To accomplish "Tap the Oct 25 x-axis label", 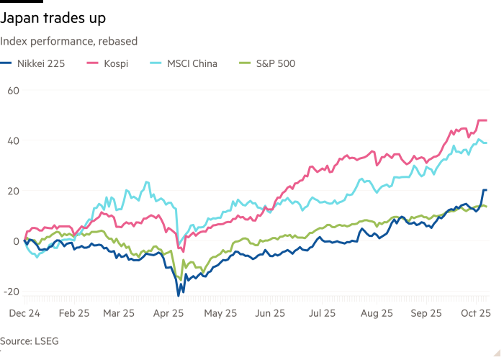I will (x=475, y=313).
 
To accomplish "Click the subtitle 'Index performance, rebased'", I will (x=68, y=41).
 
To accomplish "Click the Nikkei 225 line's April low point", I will (x=179, y=294).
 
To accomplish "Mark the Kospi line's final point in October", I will (x=487, y=120).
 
